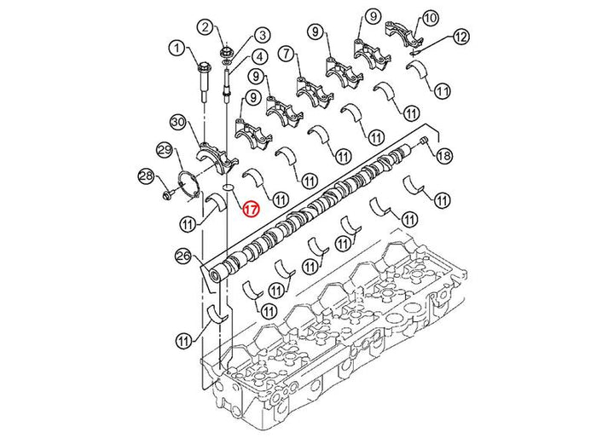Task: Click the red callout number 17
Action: pyautogui.click(x=251, y=209)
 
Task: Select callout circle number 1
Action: pyautogui.click(x=177, y=49)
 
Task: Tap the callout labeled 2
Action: pyautogui.click(x=206, y=27)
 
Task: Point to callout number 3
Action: pyautogui.click(x=262, y=35)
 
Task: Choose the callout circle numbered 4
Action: pyautogui.click(x=259, y=57)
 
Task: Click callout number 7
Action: pyautogui.click(x=287, y=54)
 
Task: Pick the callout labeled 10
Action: pyautogui.click(x=430, y=19)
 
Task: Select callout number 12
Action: pyautogui.click(x=460, y=37)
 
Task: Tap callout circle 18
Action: pyautogui.click(x=443, y=156)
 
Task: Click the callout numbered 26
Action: pyautogui.click(x=183, y=256)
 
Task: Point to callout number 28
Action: pyautogui.click(x=147, y=176)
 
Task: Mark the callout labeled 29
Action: pyautogui.click(x=165, y=150)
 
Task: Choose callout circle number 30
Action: pyautogui.click(x=178, y=122)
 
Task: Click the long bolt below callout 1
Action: pyautogui.click(x=205, y=82)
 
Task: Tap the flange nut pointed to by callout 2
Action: pyautogui.click(x=226, y=52)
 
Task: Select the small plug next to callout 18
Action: pyautogui.click(x=423, y=141)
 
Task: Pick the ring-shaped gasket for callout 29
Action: pyautogui.click(x=188, y=186)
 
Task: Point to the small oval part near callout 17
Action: pyautogui.click(x=228, y=187)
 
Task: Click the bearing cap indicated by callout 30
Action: pyautogui.click(x=216, y=158)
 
